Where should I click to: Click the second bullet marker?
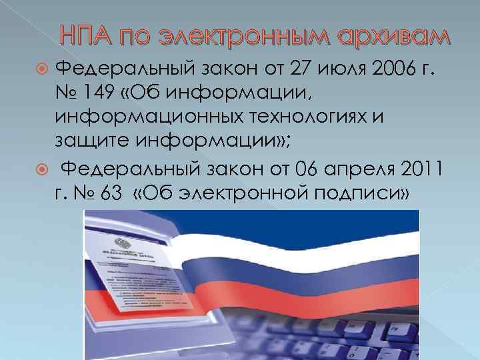[x=44, y=171]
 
